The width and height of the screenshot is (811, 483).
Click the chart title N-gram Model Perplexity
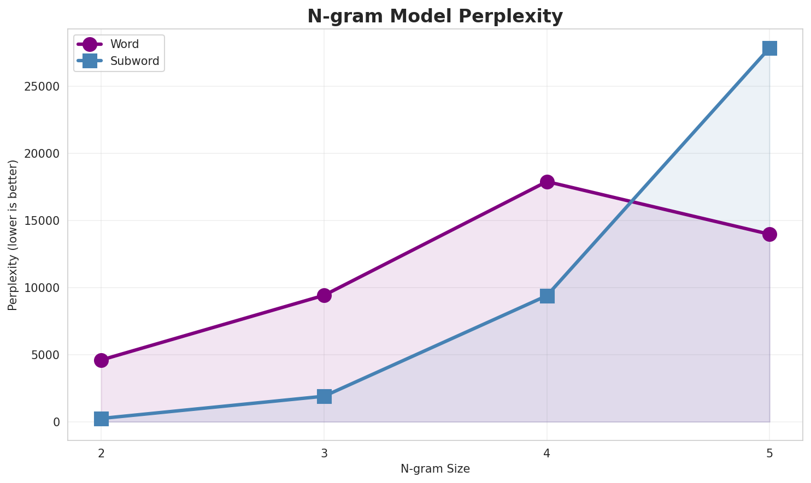point(434,16)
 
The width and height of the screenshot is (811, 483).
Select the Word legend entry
point(125,44)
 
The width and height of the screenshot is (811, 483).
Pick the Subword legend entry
point(134,61)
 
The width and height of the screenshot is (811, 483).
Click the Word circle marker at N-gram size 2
point(101,360)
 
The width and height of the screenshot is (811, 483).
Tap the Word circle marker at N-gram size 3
point(324,295)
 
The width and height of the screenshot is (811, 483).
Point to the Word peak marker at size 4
point(547,182)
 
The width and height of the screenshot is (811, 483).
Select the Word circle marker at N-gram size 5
point(769,234)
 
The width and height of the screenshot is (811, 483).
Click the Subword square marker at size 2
point(101,419)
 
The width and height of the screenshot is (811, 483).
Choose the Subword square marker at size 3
point(324,396)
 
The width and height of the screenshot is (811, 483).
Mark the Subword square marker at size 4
point(547,296)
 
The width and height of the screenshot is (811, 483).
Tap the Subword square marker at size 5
point(769,48)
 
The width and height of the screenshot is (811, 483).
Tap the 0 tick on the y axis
point(56,422)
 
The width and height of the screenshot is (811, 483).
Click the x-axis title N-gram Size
point(435,469)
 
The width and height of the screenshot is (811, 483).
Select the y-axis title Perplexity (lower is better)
point(13,235)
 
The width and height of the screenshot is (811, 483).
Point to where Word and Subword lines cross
point(632,202)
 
